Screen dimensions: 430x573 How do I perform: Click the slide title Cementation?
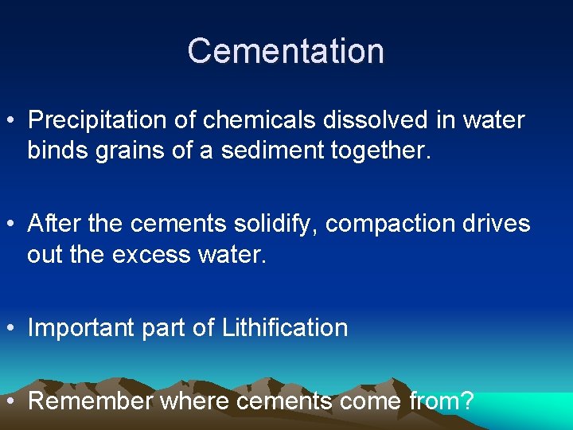tap(286, 51)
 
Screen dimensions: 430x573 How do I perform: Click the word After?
tap(53, 224)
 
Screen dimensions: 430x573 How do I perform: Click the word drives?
tap(501, 224)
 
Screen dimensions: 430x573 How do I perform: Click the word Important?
tap(83, 328)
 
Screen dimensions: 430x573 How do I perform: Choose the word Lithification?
tap(285, 327)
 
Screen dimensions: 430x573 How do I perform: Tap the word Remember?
tap(90, 401)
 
